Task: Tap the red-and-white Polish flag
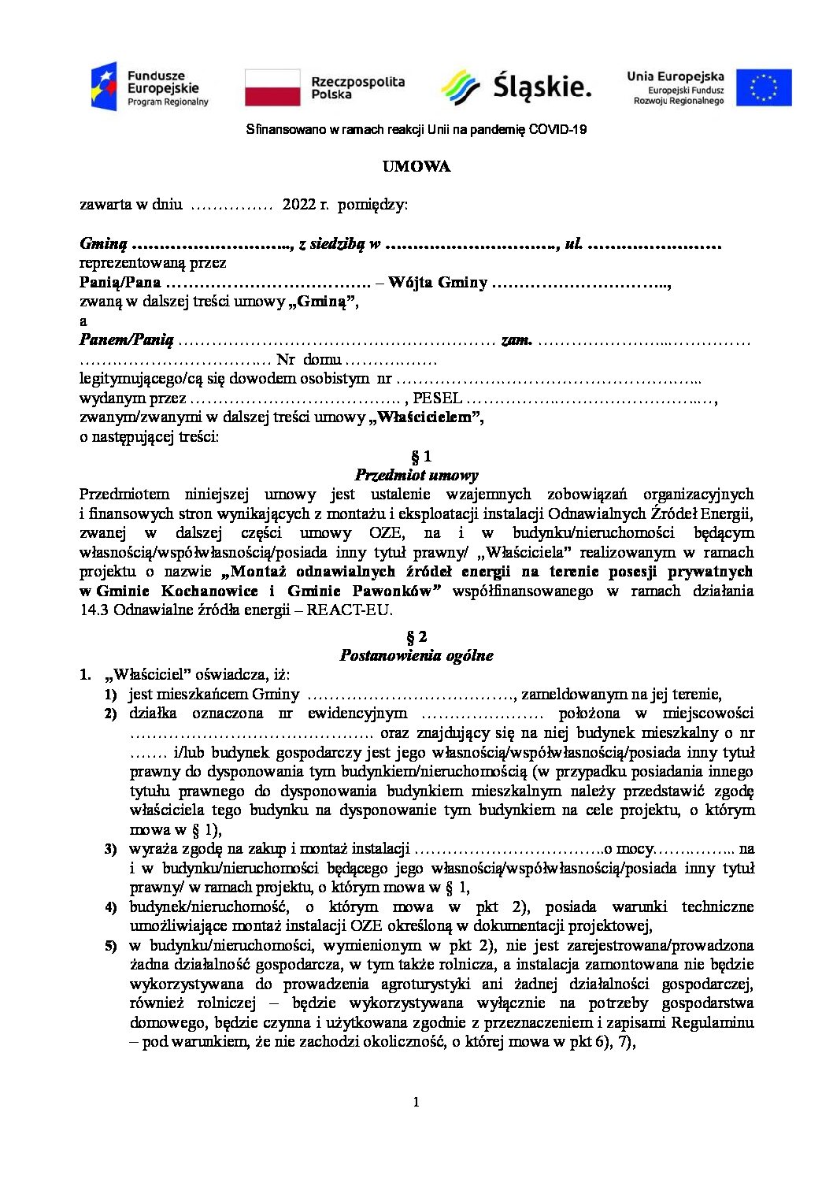click(272, 87)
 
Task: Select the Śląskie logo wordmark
click(542, 87)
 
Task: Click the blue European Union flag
click(764, 87)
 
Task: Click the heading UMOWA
click(416, 166)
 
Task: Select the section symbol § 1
click(416, 456)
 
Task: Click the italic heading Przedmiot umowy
click(416, 475)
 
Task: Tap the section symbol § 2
click(416, 636)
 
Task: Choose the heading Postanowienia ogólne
click(416, 655)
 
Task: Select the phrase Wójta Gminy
click(438, 282)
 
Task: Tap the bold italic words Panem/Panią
click(126, 340)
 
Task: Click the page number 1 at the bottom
click(416, 1102)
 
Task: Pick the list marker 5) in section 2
click(111, 946)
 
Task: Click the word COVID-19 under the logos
click(557, 129)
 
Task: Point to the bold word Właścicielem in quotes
click(426, 417)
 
